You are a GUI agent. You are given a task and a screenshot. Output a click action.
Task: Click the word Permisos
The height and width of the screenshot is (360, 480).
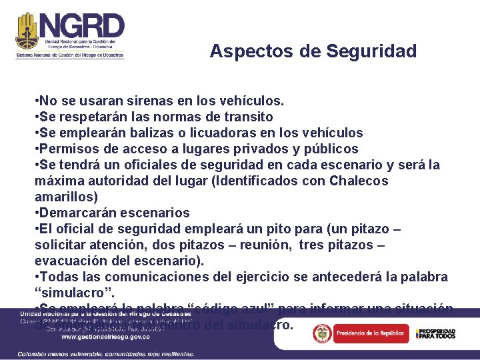[x=70, y=149]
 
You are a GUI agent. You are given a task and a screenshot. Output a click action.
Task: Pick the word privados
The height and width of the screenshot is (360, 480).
[x=279, y=149]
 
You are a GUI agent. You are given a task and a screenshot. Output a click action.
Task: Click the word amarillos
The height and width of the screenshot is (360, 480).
[x=65, y=197]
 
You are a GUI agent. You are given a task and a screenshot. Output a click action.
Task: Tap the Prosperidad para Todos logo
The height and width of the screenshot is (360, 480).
[x=435, y=333]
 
